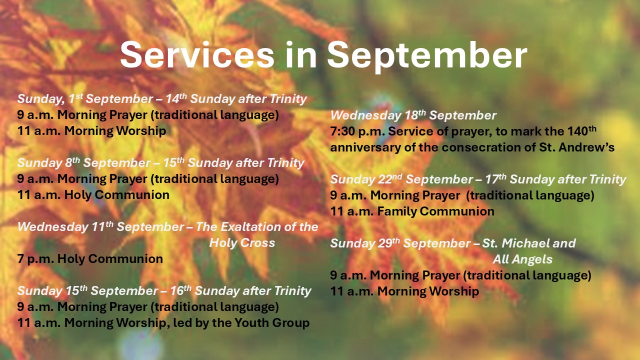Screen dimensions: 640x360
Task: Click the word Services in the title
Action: point(197,54)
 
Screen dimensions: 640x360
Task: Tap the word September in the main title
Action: point(427,56)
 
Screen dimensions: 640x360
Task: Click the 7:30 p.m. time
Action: point(357,131)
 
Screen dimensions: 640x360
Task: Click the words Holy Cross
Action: point(242,243)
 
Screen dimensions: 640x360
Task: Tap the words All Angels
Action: point(522,259)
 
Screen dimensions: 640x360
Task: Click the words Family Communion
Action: point(435,211)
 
